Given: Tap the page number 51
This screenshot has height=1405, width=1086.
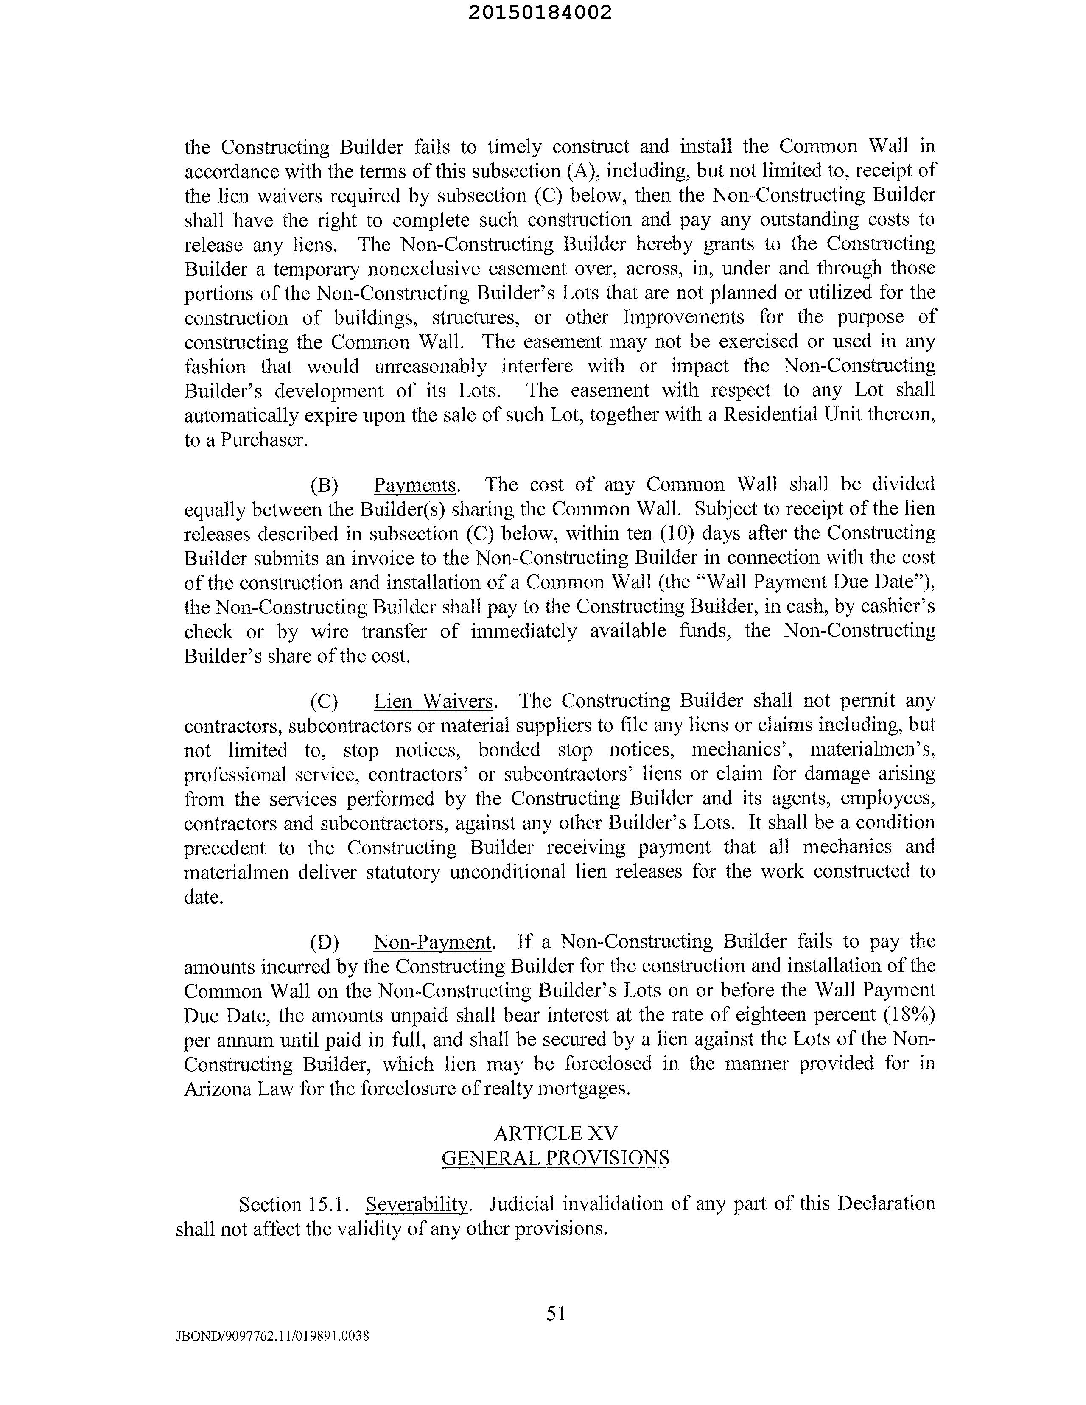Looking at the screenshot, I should pyautogui.click(x=556, y=1313).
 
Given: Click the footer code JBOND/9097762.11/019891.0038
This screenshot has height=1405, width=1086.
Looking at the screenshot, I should pyautogui.click(x=273, y=1336).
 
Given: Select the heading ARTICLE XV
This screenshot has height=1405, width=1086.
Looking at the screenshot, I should pyautogui.click(x=555, y=1133).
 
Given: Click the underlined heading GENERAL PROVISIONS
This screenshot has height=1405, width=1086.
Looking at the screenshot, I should pyautogui.click(x=555, y=1158).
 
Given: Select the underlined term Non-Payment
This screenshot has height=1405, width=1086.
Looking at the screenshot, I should pyautogui.click(x=432, y=942).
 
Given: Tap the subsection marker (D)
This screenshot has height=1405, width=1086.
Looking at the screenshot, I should pyautogui.click(x=324, y=942).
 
